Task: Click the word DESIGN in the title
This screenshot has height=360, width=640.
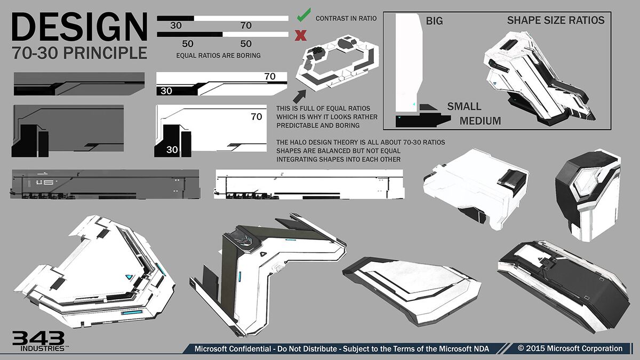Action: (x=79, y=27)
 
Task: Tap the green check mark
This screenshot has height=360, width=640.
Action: (x=302, y=17)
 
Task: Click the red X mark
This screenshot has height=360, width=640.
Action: (x=301, y=36)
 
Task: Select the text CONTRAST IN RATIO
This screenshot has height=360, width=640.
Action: (x=346, y=18)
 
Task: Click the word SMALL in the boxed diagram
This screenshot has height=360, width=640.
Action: (x=464, y=106)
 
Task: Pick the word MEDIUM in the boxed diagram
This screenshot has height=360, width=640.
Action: (x=480, y=121)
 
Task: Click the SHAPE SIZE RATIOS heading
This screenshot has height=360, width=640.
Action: (x=555, y=21)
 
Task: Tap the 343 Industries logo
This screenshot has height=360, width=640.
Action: (x=38, y=340)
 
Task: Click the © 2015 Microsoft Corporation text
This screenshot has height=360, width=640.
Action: (x=570, y=348)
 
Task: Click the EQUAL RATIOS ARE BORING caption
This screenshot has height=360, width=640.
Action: (x=218, y=55)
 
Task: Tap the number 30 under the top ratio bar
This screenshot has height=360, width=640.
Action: (x=175, y=25)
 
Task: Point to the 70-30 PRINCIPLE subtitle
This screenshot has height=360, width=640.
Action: (x=79, y=53)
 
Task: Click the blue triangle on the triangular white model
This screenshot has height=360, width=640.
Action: (x=129, y=277)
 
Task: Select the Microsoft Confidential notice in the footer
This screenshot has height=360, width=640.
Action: (x=341, y=349)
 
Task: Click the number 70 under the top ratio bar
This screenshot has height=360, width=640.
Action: (x=246, y=25)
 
